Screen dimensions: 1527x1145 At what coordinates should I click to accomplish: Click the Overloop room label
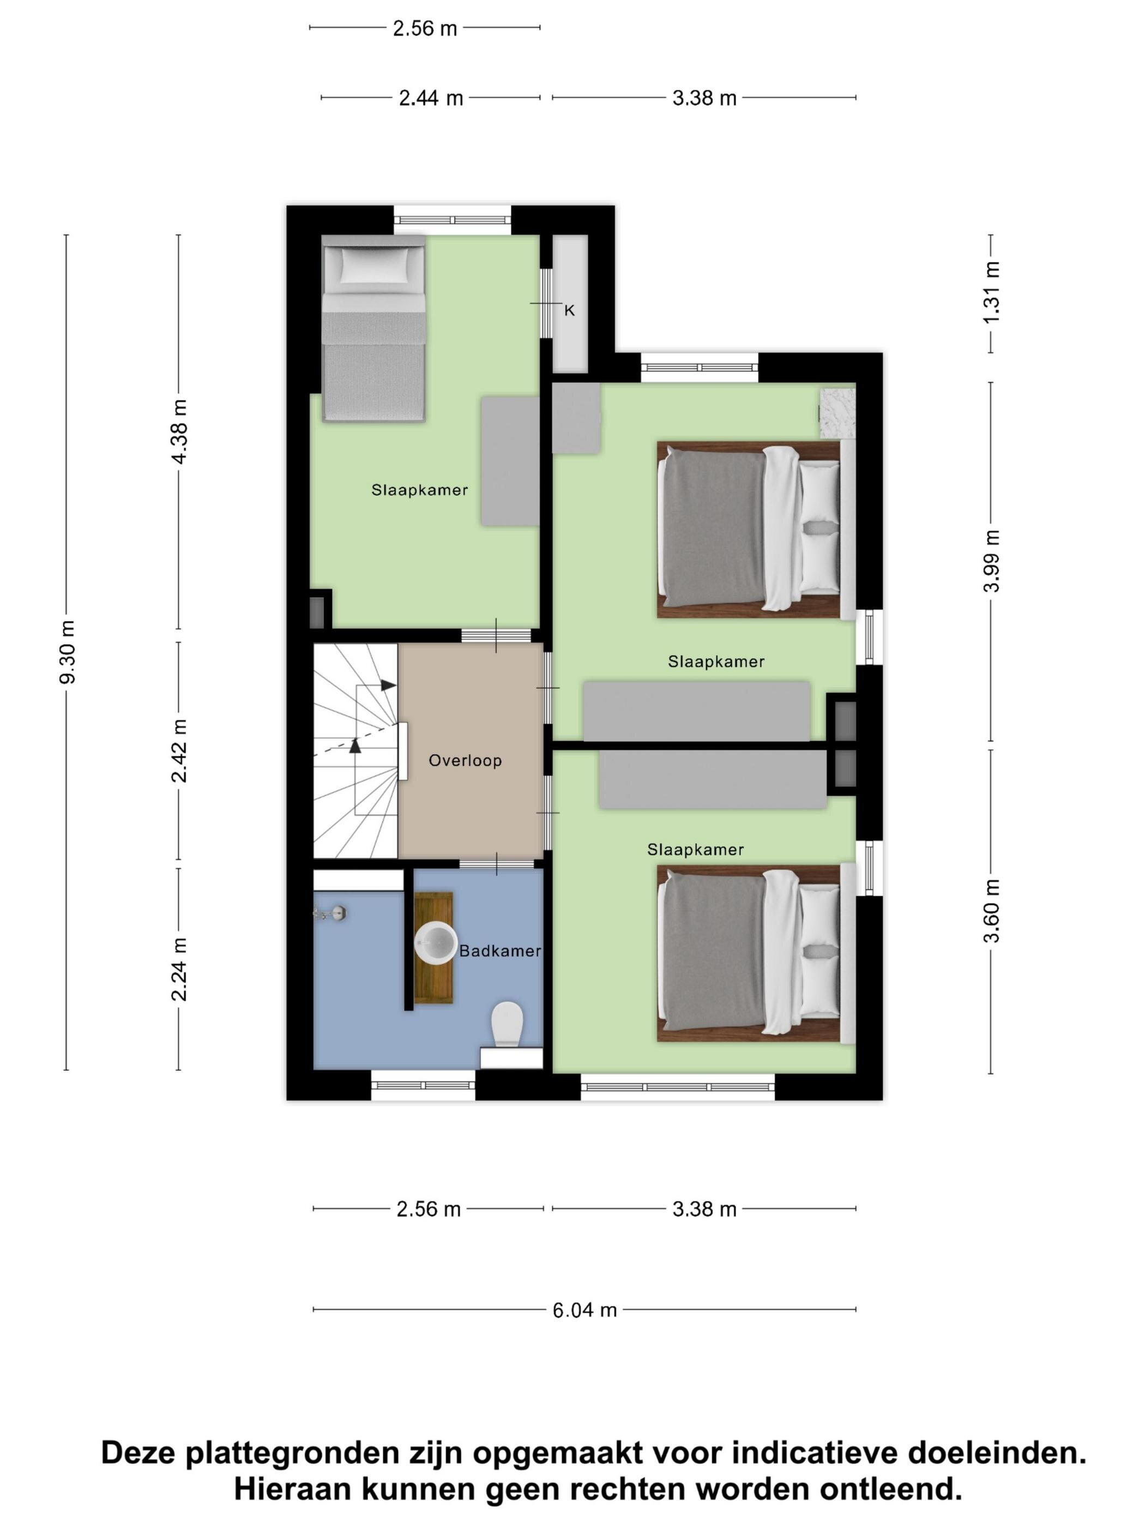coord(465,760)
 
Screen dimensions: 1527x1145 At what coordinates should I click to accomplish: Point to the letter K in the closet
coord(569,311)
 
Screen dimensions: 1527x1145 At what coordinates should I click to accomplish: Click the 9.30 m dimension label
coord(67,652)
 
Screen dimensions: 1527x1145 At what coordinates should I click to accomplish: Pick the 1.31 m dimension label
coord(991,293)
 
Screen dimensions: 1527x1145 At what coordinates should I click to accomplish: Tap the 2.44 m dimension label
coord(431,98)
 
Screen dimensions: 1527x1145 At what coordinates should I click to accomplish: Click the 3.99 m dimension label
coord(991,561)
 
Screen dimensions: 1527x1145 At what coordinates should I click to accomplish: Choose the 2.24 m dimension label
coord(179,969)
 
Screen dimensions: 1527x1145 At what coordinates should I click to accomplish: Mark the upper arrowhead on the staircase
coord(388,685)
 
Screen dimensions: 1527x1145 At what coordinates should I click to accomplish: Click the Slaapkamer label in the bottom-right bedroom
coord(695,850)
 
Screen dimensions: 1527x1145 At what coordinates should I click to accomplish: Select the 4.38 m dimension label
coord(179,431)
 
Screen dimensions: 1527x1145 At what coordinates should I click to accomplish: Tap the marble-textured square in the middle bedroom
coord(837,413)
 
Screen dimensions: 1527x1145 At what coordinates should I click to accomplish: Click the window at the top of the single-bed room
coord(452,220)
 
